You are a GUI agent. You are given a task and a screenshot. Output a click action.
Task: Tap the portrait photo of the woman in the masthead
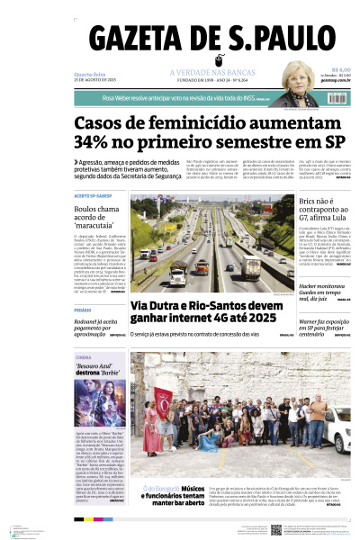click(x=298, y=76)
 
